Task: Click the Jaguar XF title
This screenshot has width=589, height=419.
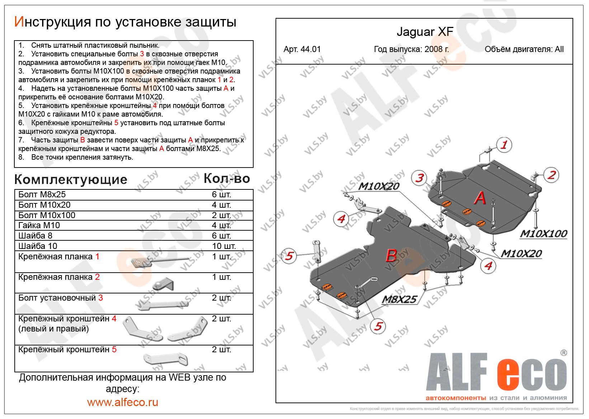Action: click(x=425, y=32)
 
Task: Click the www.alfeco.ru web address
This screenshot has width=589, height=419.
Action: click(x=123, y=402)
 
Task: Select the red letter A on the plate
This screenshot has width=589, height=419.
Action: click(x=480, y=198)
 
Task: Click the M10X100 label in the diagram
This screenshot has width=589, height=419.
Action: click(x=543, y=234)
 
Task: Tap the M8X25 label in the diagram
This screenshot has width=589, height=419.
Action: click(x=399, y=299)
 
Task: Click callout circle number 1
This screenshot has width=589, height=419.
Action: click(x=504, y=145)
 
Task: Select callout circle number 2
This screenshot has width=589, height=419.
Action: click(x=551, y=175)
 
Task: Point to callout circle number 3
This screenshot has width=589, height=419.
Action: click(x=419, y=178)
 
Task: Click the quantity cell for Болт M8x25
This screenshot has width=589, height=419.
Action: click(x=221, y=195)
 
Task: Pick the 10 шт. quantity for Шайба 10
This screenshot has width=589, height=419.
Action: click(x=224, y=246)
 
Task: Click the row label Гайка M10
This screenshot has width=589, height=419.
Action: click(x=39, y=225)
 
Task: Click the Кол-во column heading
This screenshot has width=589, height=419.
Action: click(x=227, y=179)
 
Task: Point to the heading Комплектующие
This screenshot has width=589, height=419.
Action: click(x=71, y=180)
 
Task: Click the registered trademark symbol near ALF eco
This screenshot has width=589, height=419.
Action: click(x=564, y=353)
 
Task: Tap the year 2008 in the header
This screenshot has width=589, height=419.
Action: click(x=433, y=49)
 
